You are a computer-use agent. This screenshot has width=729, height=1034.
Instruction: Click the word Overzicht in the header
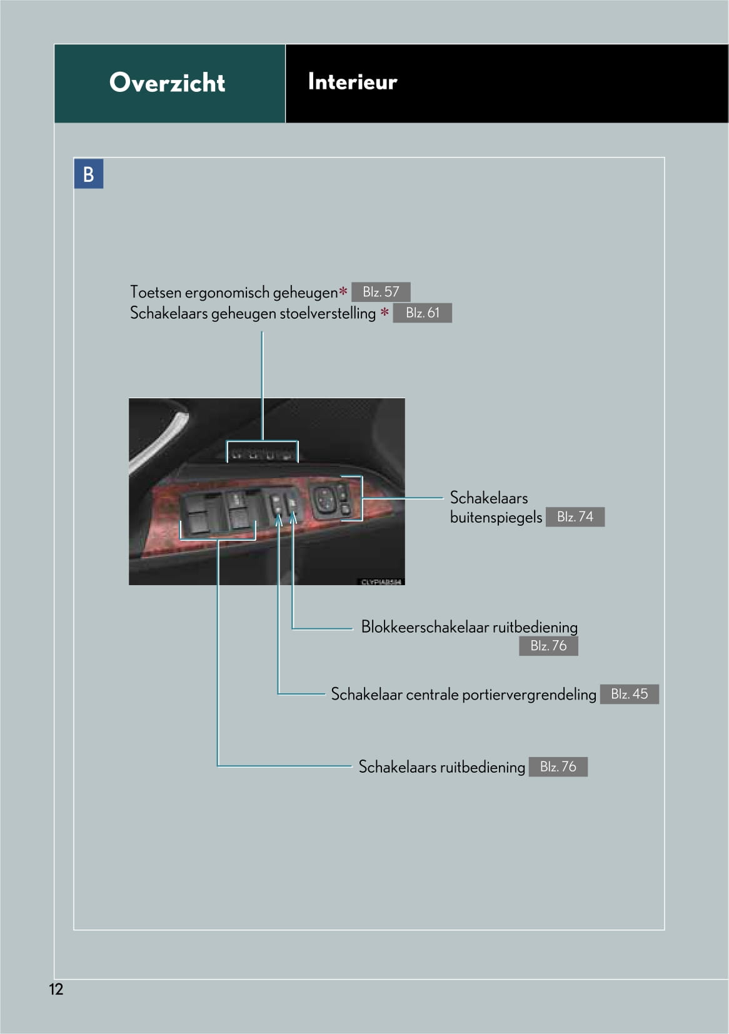167,83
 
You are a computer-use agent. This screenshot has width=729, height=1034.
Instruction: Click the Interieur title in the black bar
352,82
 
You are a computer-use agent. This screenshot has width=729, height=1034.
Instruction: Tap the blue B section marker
88,174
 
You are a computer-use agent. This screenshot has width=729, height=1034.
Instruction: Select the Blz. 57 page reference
380,292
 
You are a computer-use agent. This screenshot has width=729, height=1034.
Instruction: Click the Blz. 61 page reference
422,313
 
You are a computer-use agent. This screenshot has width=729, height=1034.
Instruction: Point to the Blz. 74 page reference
575,517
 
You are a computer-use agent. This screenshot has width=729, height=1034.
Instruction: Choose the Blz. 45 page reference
629,694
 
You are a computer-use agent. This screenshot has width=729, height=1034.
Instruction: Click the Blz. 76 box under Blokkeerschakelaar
548,646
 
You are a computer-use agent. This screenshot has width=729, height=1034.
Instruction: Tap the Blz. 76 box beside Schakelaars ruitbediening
558,767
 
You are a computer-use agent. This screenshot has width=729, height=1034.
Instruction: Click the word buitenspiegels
496,518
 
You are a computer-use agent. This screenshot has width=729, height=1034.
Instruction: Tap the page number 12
56,989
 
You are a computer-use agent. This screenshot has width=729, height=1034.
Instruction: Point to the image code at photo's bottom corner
381,581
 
